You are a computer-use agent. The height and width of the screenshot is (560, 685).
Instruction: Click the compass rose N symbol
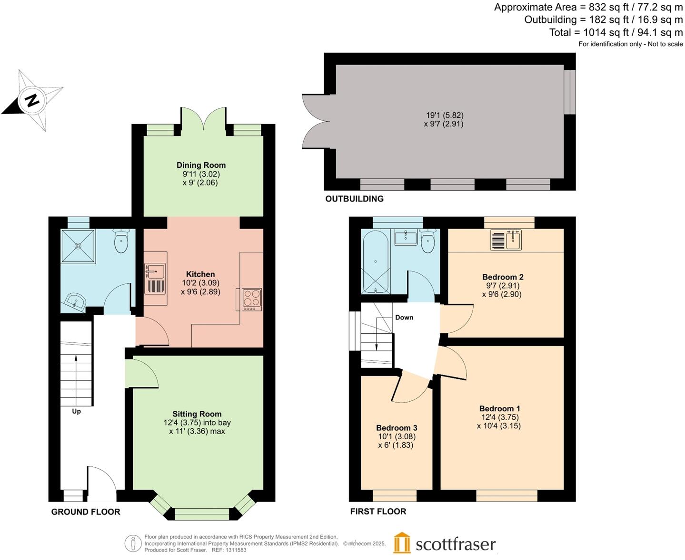click(32, 100)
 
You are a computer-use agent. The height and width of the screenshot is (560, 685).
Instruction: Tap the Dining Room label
click(201, 165)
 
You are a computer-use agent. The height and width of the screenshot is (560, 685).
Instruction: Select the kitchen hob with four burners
click(252, 299)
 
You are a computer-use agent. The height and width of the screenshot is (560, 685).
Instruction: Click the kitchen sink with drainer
click(155, 278)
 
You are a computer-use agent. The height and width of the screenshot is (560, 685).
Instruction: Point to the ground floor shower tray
click(78, 246)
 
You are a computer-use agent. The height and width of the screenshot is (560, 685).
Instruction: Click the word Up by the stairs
click(76, 411)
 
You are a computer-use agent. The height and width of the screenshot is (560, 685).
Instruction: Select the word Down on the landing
click(404, 317)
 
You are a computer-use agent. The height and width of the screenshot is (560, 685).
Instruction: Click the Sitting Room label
click(197, 414)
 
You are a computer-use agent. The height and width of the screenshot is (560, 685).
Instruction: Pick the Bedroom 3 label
click(397, 427)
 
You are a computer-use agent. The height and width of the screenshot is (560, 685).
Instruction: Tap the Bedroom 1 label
click(499, 408)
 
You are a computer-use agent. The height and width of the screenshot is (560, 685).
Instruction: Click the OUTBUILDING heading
click(354, 199)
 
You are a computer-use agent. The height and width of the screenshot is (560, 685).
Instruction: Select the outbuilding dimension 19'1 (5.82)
click(444, 115)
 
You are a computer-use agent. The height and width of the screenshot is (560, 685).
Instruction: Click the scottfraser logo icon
click(402, 543)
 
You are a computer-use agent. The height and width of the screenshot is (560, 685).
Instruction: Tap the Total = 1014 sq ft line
click(616, 32)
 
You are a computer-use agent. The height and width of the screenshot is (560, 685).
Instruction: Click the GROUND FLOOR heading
click(86, 512)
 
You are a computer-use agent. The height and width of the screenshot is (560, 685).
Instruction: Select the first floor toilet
click(428, 241)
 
